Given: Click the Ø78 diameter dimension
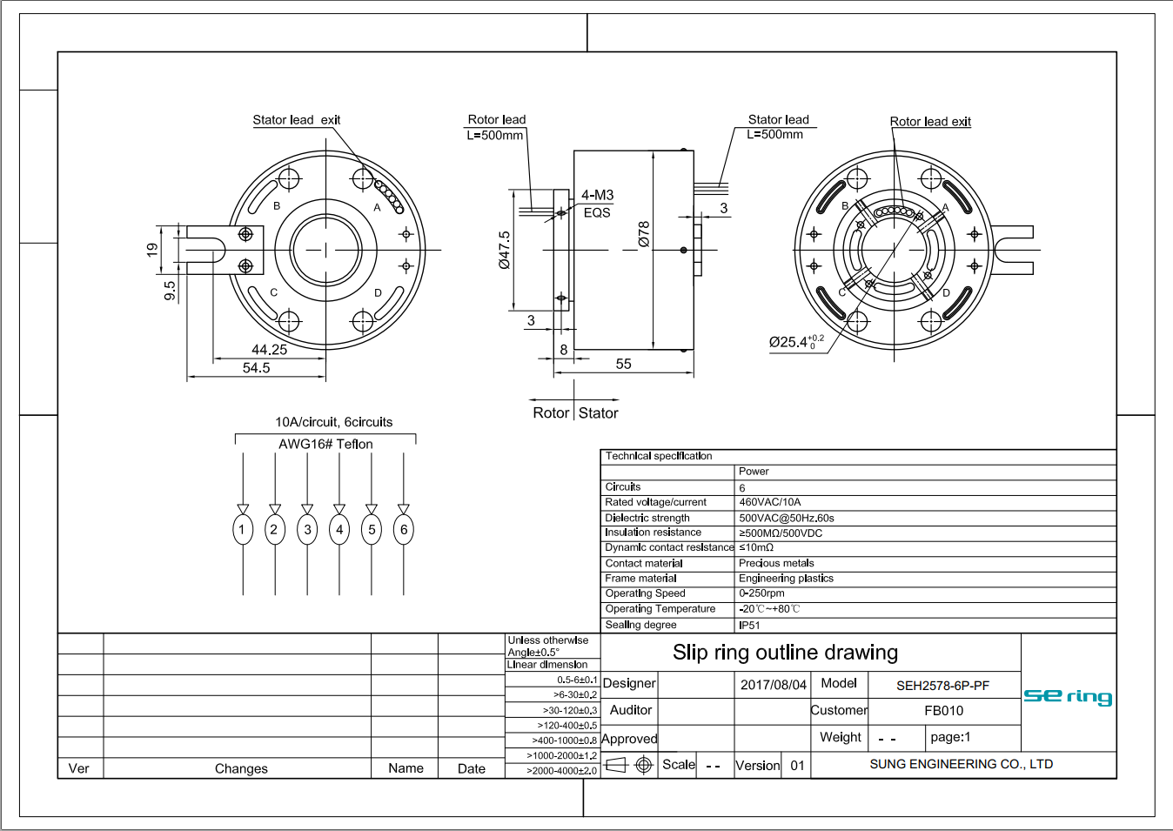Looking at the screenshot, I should (644, 234).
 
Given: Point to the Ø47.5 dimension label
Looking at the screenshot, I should (505, 250).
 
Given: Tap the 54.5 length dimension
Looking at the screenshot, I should (256, 368).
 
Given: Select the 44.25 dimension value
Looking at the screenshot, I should (269, 350).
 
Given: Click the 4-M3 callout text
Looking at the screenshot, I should (597, 196).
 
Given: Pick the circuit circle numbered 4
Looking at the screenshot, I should (339, 529).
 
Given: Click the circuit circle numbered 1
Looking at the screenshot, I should (243, 529).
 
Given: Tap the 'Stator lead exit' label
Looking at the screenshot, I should (296, 120).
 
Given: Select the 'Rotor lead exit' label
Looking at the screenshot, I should (930, 122).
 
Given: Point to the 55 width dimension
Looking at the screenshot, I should (623, 365).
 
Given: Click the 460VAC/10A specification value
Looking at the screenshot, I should (769, 502).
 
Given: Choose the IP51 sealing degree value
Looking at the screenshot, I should (749, 625).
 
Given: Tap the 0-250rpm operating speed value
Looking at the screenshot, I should (761, 593).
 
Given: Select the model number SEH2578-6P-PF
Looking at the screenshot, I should (942, 686).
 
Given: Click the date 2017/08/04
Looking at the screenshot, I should (773, 685).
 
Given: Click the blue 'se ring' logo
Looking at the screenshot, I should (1068, 696).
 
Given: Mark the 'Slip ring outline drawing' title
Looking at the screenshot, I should (785, 653).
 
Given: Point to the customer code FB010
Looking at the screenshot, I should (943, 711).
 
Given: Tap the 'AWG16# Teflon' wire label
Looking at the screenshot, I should (325, 444).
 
